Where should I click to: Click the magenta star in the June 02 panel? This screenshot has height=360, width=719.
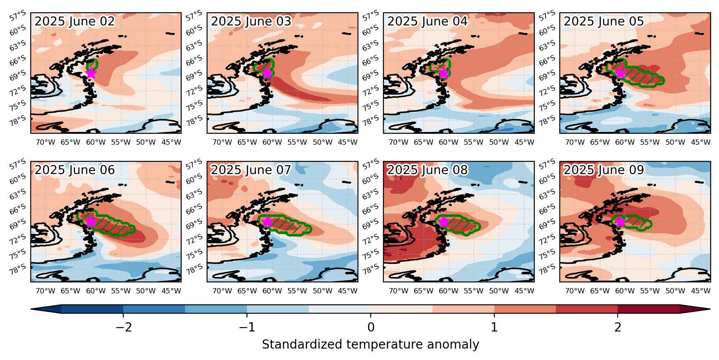pyautogui.click(x=91, y=73)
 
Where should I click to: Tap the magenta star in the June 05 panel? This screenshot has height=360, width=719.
pyautogui.click(x=620, y=73)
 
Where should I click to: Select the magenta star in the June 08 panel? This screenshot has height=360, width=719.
pyautogui.click(x=444, y=222)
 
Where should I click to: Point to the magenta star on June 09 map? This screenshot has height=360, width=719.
pyautogui.click(x=620, y=222)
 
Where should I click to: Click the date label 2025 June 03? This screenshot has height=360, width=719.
pyautogui.click(x=251, y=21)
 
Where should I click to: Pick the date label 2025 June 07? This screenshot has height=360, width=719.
pyautogui.click(x=251, y=170)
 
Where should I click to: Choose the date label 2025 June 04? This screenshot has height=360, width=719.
pyautogui.click(x=428, y=21)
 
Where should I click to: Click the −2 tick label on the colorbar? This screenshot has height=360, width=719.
pyautogui.click(x=124, y=328)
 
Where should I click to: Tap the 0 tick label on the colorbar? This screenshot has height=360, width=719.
pyautogui.click(x=371, y=328)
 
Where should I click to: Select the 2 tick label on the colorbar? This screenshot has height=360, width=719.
pyautogui.click(x=618, y=328)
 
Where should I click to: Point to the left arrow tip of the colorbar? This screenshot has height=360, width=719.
pyautogui.click(x=31, y=309)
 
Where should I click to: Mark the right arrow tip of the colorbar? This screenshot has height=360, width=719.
pyautogui.click(x=710, y=309)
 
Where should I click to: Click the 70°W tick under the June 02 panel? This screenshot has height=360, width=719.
pyautogui.click(x=45, y=142)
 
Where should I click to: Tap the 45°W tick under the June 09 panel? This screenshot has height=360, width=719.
pyautogui.click(x=701, y=291)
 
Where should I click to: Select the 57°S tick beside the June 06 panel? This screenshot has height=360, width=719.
pyautogui.click(x=18, y=164)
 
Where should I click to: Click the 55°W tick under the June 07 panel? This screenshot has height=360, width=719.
pyautogui.click(x=297, y=291)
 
